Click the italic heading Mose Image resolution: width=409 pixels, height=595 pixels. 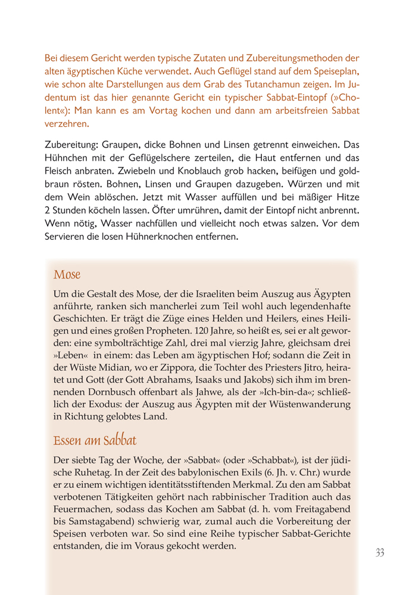[67, 275]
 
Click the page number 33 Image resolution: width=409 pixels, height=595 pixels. [379, 553]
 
